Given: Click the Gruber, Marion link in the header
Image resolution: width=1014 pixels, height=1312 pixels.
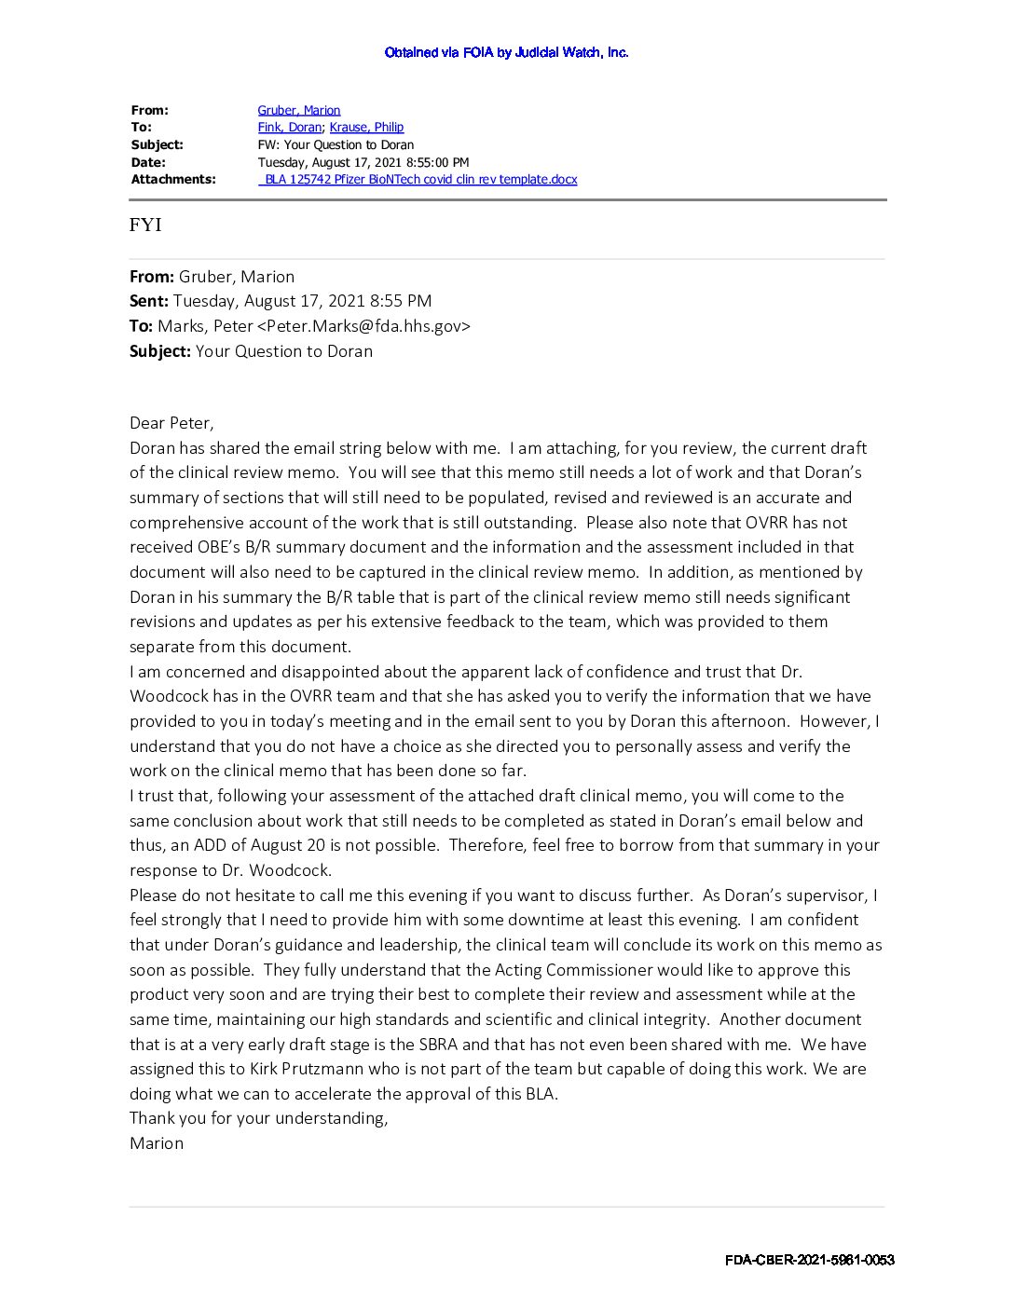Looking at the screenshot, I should (x=299, y=110).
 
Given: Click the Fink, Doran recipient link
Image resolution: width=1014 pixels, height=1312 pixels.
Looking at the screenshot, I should (x=290, y=127).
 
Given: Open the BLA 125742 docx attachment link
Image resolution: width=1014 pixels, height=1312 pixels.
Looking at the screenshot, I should (x=418, y=179).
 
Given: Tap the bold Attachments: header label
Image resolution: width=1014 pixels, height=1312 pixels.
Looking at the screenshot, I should (x=173, y=179).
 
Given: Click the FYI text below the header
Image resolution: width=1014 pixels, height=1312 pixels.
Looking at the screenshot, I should (x=145, y=225).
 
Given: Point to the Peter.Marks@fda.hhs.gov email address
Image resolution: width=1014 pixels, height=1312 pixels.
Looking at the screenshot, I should (x=363, y=326).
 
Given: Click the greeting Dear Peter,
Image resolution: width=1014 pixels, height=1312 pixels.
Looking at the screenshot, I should (x=171, y=423).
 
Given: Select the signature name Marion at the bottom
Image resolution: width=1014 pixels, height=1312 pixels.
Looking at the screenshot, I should (x=157, y=1143).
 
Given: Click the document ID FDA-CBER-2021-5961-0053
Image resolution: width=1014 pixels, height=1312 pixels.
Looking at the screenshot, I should (x=809, y=1260).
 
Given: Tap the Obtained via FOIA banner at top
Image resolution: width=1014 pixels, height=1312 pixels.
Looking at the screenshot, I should (x=506, y=52).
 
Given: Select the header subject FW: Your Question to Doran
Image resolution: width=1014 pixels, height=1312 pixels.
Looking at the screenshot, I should (x=336, y=144).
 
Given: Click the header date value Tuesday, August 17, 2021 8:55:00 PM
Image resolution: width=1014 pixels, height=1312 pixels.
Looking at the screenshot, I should (x=363, y=162).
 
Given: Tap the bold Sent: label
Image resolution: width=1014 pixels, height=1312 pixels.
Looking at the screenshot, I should (x=149, y=301).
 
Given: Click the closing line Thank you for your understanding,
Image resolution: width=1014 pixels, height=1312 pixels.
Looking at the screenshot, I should (x=258, y=1118).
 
